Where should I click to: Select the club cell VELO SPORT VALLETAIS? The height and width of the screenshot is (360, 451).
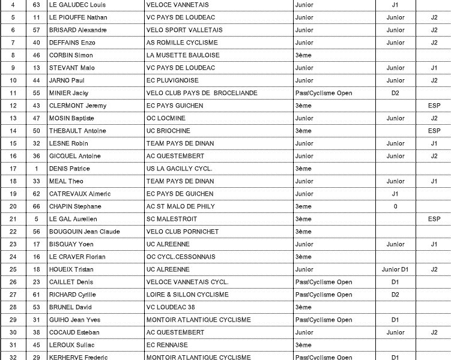point(184,30)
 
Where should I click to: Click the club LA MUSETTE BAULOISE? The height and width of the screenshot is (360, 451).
point(183,55)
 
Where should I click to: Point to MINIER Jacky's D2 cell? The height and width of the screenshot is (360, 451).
point(395,93)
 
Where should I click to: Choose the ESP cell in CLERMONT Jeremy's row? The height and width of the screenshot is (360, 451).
point(434,106)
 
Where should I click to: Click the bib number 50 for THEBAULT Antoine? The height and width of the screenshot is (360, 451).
point(37,131)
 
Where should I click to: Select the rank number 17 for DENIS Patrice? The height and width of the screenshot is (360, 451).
point(13,169)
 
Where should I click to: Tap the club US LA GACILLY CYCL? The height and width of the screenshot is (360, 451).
point(180,169)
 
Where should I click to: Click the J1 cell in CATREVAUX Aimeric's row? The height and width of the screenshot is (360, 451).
point(395,194)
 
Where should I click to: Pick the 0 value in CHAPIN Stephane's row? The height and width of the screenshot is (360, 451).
point(395,206)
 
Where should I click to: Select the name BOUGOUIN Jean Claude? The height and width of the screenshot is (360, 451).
point(84,232)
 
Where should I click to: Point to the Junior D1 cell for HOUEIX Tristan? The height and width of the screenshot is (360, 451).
point(395,269)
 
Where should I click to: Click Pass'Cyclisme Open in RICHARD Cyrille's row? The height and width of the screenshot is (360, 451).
point(324,295)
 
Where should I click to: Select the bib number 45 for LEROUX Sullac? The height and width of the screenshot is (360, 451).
point(37,345)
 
